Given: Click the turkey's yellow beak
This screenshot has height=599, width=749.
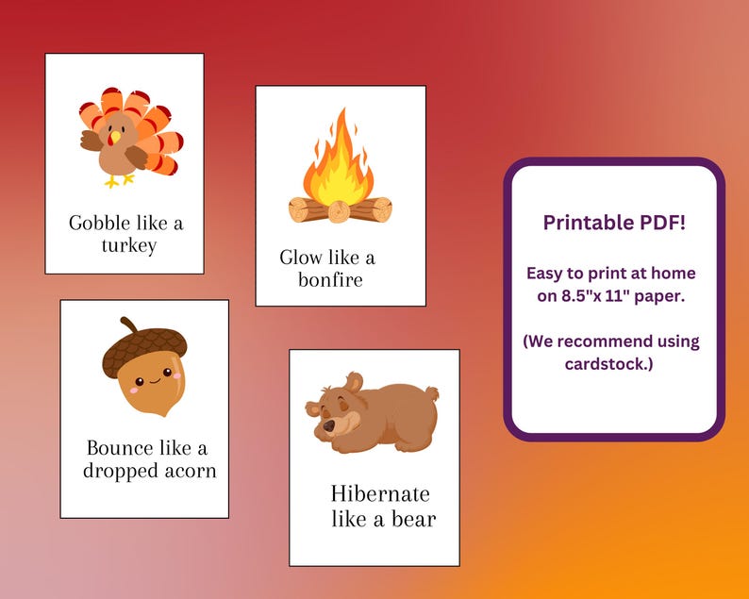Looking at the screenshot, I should tap(115, 138).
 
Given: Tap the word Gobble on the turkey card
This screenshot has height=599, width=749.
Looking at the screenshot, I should tap(98, 224).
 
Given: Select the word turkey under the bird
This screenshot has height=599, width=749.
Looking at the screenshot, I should tap(127, 246).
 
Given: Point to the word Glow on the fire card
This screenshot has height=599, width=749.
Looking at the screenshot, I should tap(301, 258).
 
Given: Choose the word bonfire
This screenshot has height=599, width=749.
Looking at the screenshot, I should tap(330, 280).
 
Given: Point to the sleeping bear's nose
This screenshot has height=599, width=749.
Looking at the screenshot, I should tap(328, 426).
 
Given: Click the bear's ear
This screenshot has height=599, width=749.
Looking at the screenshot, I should tap(353, 382).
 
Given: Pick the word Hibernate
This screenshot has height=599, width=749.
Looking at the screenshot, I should tap(380, 494).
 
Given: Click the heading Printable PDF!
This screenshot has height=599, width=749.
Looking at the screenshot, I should tap(613, 223).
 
